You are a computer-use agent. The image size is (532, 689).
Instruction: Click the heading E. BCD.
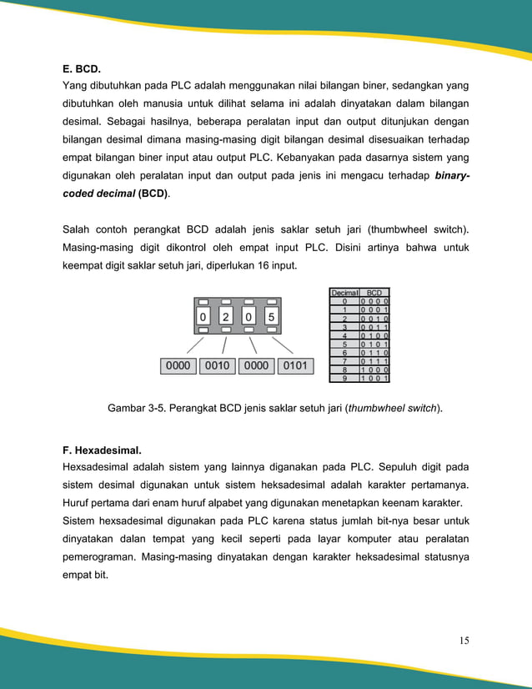pyautogui.click(x=88, y=68)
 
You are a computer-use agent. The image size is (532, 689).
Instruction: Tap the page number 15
pyautogui.click(x=464, y=641)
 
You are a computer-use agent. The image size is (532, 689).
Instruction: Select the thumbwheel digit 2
pyautogui.click(x=226, y=317)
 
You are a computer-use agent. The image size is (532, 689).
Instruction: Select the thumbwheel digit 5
pyautogui.click(x=271, y=317)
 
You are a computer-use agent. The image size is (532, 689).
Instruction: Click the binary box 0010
pyautogui.click(x=217, y=365)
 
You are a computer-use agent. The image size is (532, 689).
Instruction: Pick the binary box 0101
pyautogui.click(x=294, y=365)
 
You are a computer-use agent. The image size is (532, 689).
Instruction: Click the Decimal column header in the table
pyautogui.click(x=344, y=293)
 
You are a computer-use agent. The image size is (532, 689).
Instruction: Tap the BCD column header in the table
pyautogui.click(x=374, y=293)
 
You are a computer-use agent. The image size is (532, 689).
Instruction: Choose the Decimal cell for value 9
pyautogui.click(x=344, y=378)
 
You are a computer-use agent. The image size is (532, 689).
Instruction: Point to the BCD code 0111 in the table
pyautogui.click(x=374, y=360)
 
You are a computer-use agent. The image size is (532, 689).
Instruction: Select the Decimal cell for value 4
pyautogui.click(x=344, y=334)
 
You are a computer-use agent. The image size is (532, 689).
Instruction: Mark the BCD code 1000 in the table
pyautogui.click(x=374, y=369)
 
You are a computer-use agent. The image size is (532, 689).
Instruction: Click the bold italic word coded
pyautogui.click(x=83, y=194)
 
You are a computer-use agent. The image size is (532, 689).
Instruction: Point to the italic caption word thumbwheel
pyautogui.click(x=378, y=409)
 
